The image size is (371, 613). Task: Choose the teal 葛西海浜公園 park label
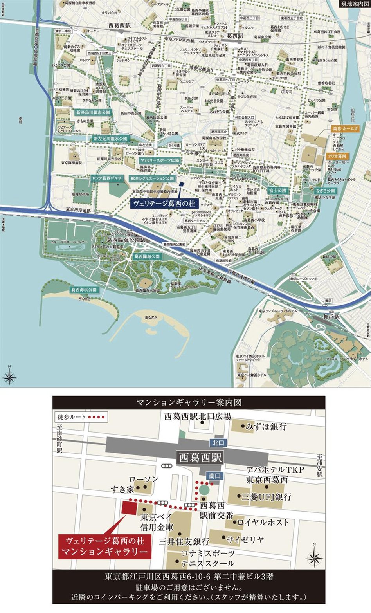(x=84, y=290)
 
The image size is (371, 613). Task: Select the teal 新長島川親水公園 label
(x=93, y=112)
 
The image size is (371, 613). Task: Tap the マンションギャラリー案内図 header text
(x=189, y=402)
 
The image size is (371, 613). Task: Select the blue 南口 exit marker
(x=215, y=476)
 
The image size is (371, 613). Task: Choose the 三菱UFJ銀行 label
(x=266, y=497)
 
